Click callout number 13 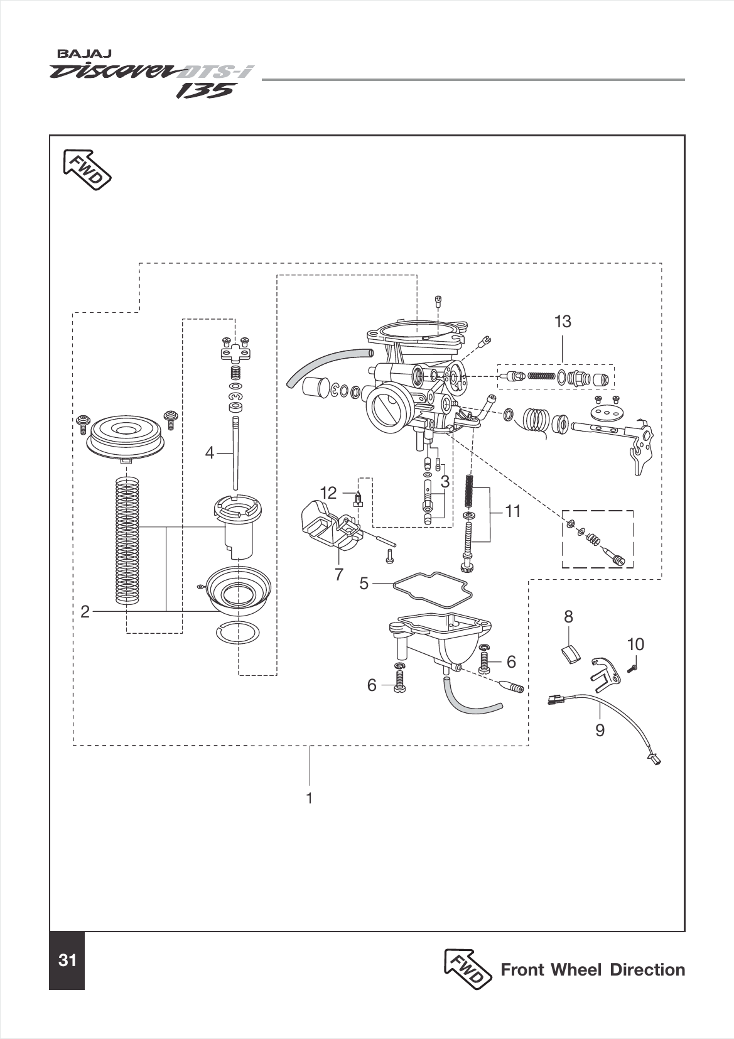coord(563,322)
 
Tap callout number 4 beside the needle coord(210,452)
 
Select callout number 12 coord(328,493)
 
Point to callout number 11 coord(513,511)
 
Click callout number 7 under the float coord(339,574)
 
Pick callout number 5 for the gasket coord(364,584)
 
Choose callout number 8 coord(568,617)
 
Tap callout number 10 coord(635,644)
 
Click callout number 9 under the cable coord(600,730)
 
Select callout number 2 coord(85,611)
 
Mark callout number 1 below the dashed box coord(309,798)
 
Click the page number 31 coord(67,960)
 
